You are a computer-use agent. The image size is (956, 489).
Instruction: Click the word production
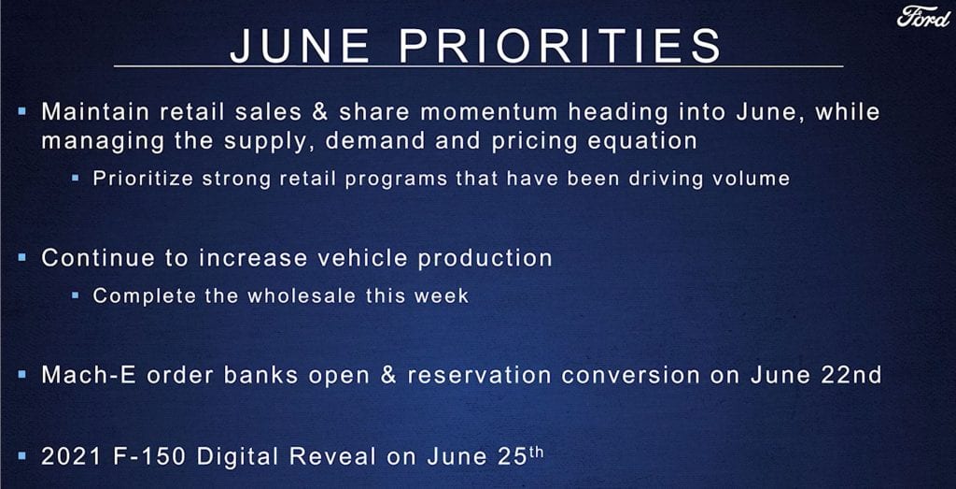[x=485, y=259]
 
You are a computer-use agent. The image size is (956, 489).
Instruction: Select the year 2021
[x=70, y=456]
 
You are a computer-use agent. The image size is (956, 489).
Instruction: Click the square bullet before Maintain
[x=22, y=112]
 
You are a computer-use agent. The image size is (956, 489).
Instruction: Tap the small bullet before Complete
[x=76, y=295]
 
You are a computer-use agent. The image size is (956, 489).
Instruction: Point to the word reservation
[x=481, y=375]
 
